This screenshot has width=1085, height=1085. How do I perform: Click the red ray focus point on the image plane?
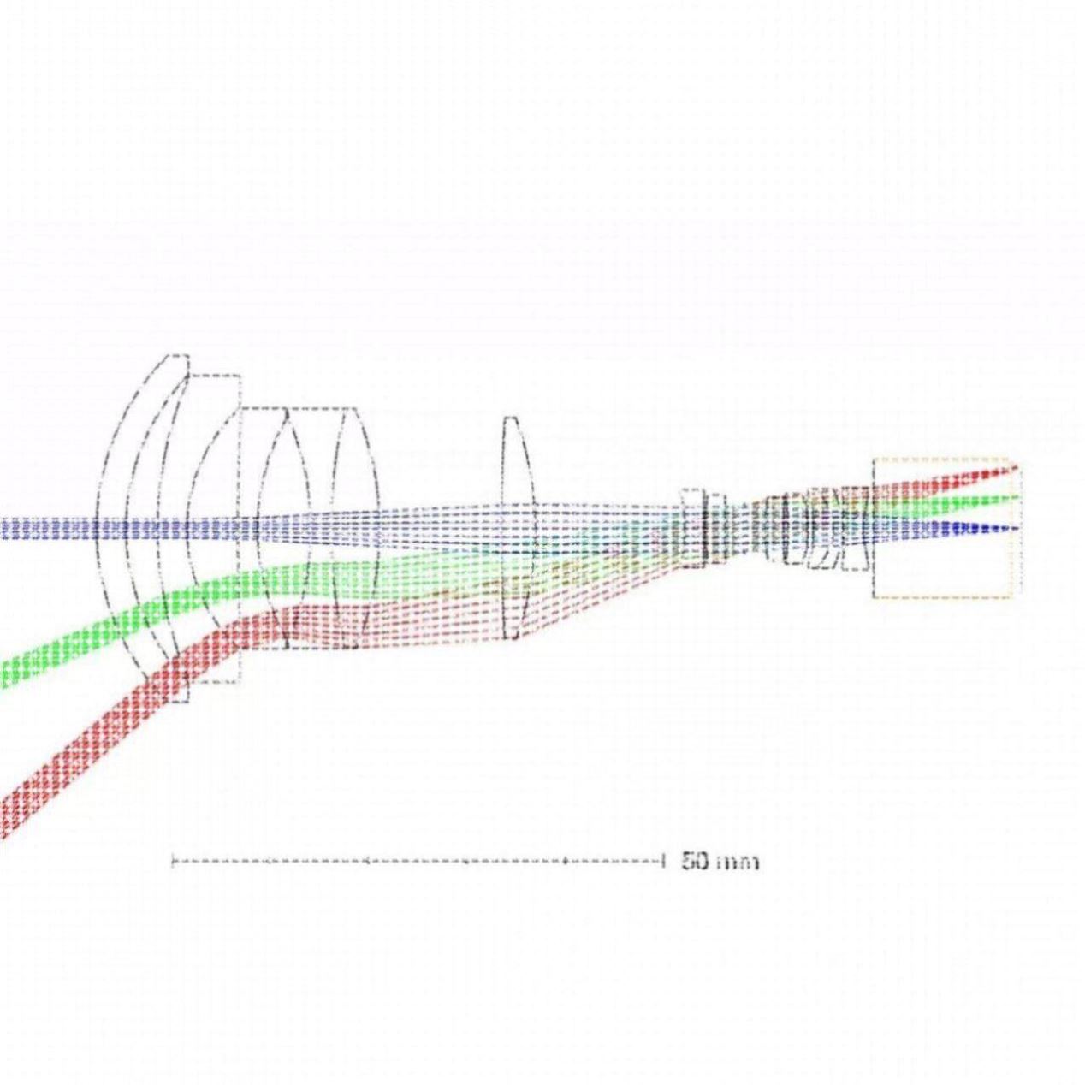(x=1017, y=465)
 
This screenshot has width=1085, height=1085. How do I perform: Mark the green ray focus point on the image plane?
(x=1017, y=496)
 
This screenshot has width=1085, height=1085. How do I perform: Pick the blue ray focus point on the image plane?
(x=1017, y=528)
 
